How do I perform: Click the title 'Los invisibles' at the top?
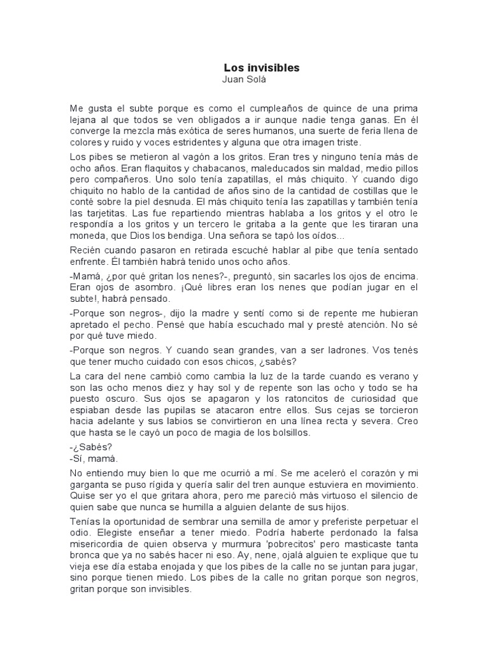tap(261, 67)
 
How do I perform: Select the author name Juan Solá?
tap(244, 80)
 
